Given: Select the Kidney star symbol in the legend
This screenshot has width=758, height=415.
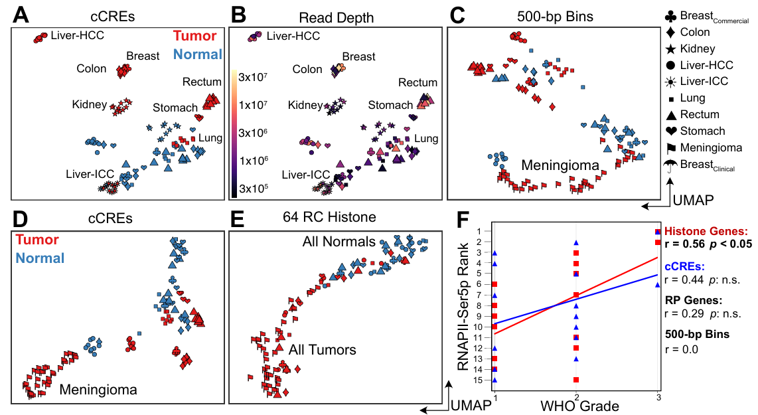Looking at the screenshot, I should pos(672,48).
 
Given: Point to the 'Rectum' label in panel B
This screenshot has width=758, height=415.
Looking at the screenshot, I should pos(418,82).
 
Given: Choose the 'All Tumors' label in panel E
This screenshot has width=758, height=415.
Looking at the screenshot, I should pos(323,350).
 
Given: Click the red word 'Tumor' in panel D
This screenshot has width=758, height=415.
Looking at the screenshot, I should pos(37,240).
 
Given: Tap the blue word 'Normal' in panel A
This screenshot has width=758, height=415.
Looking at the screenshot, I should pos(196,54).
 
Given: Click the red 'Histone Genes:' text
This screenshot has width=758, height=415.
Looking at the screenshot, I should pos(706,231).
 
